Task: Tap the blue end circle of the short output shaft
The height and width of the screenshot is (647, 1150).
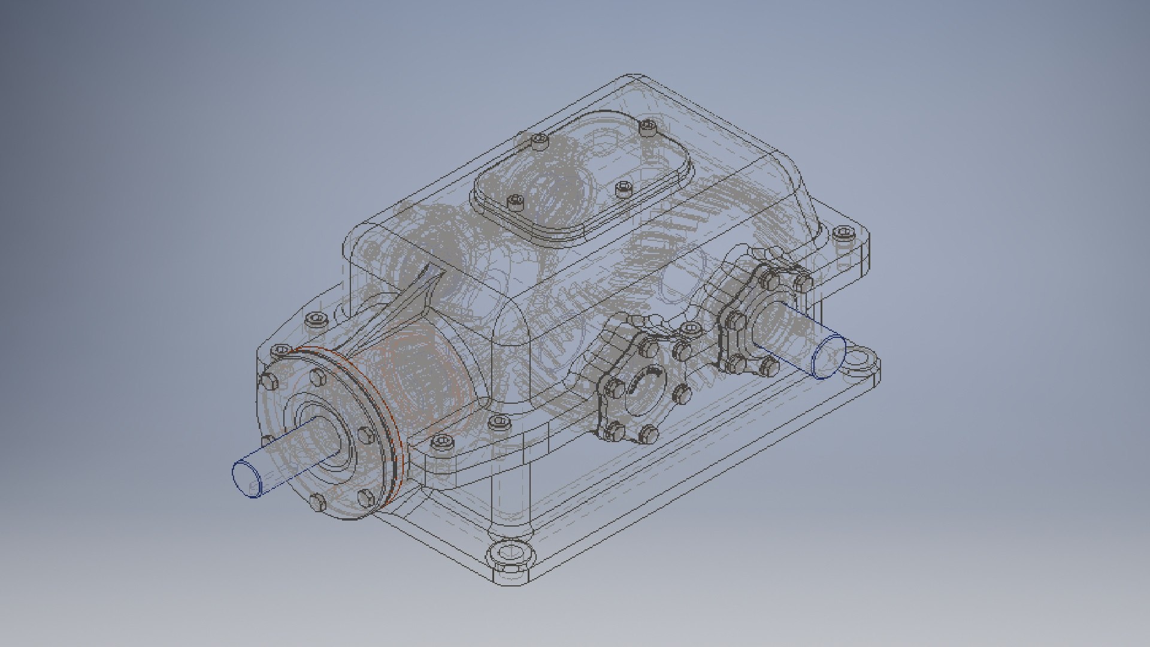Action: pyautogui.click(x=829, y=357)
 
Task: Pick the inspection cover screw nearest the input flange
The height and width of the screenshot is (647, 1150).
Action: pyautogui.click(x=515, y=202)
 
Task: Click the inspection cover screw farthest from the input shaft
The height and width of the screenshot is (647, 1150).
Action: pyautogui.click(x=648, y=126)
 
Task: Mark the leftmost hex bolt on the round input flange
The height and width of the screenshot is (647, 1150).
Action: pyautogui.click(x=268, y=380)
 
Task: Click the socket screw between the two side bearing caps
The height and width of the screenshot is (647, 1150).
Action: pyautogui.click(x=690, y=329)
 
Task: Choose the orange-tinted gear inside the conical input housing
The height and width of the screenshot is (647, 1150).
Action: pyautogui.click(x=419, y=383)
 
